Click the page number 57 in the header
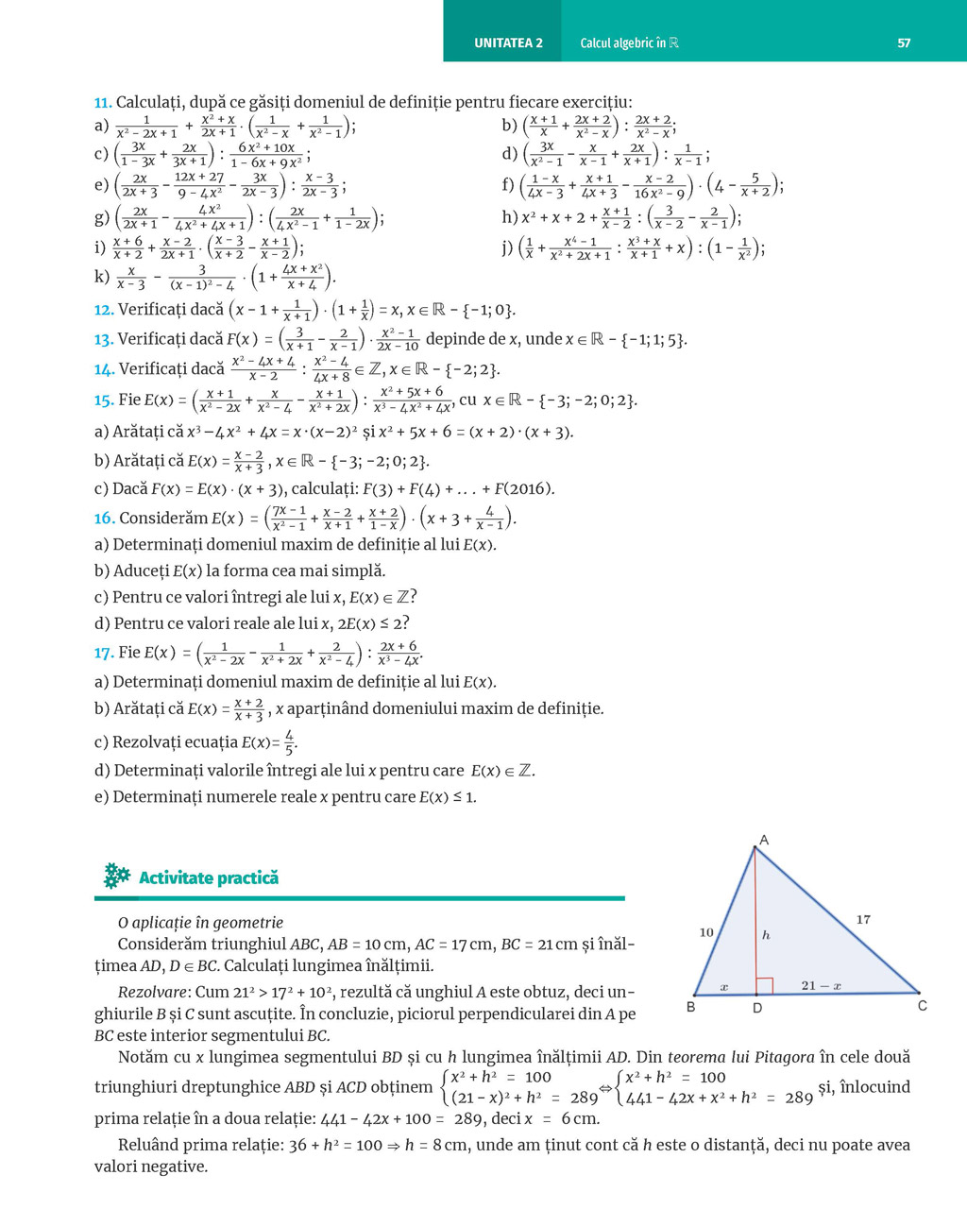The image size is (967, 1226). [904, 43]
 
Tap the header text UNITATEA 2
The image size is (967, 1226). [508, 43]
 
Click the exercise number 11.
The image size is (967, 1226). [103, 102]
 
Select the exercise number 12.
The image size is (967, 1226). [103, 309]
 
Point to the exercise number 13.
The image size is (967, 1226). [103, 339]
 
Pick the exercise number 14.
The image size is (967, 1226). [104, 369]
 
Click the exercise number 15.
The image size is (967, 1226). [104, 400]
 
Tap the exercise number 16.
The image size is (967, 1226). [104, 518]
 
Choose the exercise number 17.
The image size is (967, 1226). [104, 652]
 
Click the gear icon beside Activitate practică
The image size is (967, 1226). [116, 876]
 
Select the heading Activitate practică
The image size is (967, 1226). [209, 877]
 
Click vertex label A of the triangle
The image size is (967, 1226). [764, 840]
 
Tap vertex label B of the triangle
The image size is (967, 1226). [691, 1008]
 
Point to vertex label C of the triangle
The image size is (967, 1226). [923, 1006]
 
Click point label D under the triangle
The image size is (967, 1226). [757, 1009]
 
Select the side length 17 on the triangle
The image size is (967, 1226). [863, 919]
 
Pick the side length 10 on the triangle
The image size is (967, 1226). [706, 932]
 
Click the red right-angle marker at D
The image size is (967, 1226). [765, 986]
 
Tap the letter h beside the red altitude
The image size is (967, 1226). [766, 935]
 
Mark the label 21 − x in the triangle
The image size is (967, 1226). [821, 985]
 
